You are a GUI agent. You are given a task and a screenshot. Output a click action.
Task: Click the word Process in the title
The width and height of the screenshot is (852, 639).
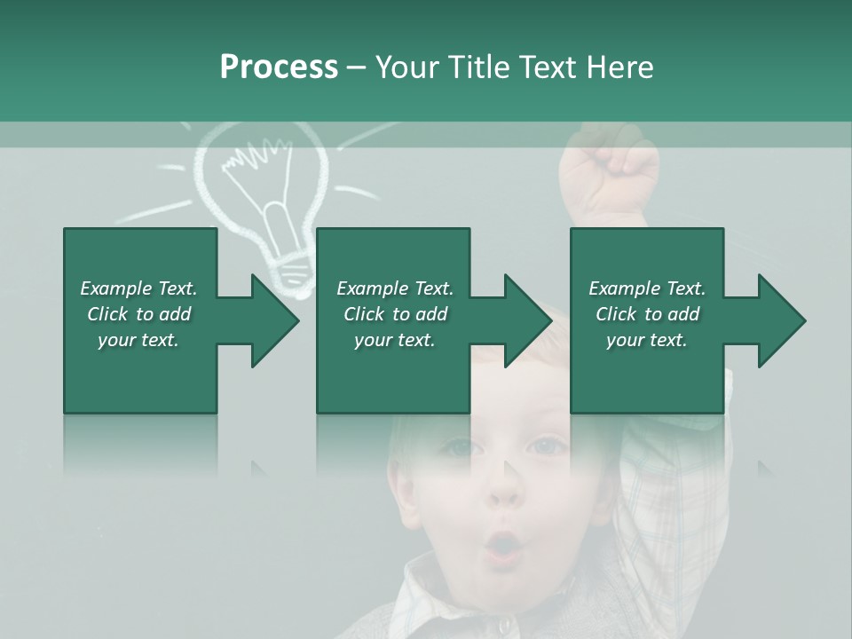(279, 67)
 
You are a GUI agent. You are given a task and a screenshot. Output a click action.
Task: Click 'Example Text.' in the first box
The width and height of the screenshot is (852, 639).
(138, 288)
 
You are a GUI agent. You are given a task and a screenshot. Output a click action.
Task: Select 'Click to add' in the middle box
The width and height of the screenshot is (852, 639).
(395, 314)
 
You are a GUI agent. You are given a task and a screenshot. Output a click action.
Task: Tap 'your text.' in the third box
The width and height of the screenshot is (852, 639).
(646, 340)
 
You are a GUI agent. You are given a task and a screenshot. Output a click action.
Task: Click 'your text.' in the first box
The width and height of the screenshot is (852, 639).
(138, 340)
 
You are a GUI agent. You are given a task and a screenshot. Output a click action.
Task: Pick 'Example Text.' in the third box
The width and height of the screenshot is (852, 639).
(646, 288)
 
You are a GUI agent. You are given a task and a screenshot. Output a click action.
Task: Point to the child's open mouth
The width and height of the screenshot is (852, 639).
(503, 545)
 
